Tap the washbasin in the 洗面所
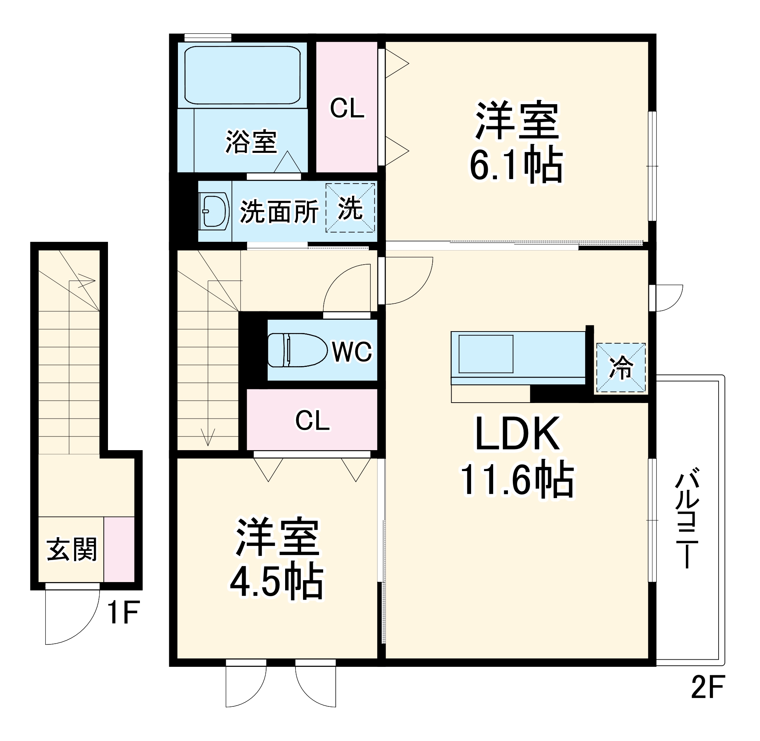pos(214,211)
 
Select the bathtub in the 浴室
pos(242,75)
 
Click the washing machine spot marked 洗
pos(350,208)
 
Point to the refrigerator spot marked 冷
pos(621,367)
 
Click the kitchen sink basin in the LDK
pos(486,354)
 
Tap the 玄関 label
pos(71,549)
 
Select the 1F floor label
pos(123,612)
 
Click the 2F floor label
pos(708,687)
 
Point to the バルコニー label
pos(688,521)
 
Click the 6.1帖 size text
pos(516,166)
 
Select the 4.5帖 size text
pos(276,583)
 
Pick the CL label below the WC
pos(312,421)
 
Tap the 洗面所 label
pos(279,212)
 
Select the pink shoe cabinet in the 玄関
pos(119,549)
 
